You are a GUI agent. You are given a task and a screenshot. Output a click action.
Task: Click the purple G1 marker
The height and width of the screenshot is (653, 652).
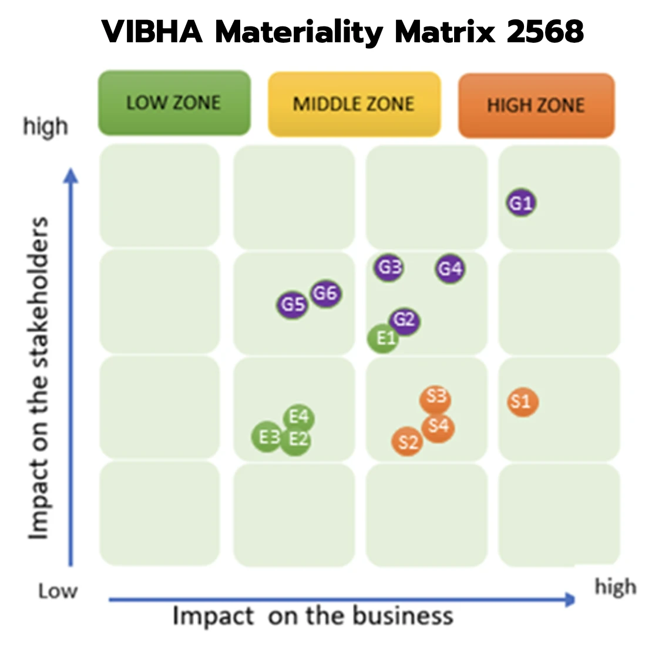click(521, 203)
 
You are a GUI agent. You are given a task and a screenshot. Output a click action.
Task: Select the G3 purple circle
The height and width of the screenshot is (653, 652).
click(389, 268)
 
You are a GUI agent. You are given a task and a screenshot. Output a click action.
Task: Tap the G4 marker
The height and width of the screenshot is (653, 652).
click(451, 269)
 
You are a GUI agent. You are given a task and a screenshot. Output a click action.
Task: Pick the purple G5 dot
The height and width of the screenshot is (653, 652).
click(293, 304)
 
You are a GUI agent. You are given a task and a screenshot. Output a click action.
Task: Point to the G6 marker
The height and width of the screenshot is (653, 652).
click(325, 293)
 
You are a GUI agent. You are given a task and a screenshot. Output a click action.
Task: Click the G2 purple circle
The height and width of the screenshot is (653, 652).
click(405, 320)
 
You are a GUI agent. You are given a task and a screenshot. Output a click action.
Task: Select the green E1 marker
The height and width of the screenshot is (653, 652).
click(383, 339)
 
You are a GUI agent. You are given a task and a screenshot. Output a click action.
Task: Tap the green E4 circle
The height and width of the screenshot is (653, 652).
click(299, 418)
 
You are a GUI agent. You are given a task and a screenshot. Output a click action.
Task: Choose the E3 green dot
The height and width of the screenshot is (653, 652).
click(267, 437)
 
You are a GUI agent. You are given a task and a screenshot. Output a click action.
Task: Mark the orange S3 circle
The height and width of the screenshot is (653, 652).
click(436, 399)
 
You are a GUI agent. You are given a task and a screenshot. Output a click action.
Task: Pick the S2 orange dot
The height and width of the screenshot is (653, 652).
click(408, 442)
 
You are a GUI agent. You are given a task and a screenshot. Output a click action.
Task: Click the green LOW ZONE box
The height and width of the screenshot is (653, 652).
click(174, 103)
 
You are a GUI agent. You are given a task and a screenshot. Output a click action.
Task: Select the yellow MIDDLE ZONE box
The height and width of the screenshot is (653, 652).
click(354, 105)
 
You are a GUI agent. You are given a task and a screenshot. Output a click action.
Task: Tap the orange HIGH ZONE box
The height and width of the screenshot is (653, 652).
click(536, 106)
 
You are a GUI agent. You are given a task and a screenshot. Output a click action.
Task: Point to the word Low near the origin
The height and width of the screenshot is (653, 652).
click(58, 591)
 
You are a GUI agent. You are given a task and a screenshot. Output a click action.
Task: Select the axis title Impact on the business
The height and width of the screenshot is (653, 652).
click(312, 617)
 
